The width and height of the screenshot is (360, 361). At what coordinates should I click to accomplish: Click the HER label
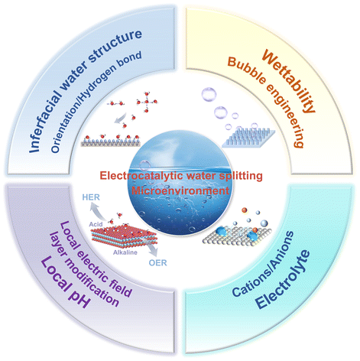coord(91,197)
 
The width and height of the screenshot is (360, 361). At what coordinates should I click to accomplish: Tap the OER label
coord(158,262)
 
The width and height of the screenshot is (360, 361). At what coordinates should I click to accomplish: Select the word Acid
coord(96,224)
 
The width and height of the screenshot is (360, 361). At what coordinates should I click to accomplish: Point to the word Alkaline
coord(125,252)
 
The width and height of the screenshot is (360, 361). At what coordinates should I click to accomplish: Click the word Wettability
coord(289,81)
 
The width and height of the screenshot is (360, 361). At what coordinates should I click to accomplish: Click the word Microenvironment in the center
coord(180,190)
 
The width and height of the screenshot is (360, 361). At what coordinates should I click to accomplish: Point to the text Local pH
coord(66,282)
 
